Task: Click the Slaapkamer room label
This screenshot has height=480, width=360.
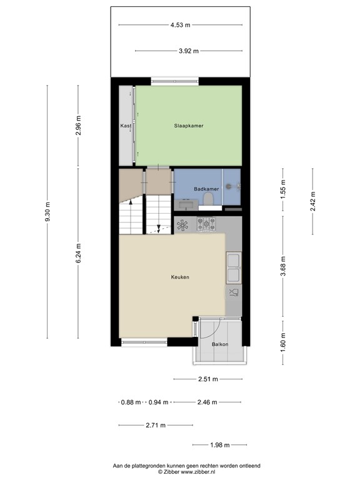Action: pyautogui.click(x=189, y=126)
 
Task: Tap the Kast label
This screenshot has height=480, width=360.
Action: pyautogui.click(x=126, y=126)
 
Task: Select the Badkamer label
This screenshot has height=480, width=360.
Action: pyautogui.click(x=206, y=189)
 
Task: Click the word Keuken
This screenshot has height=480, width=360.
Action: pyautogui.click(x=180, y=277)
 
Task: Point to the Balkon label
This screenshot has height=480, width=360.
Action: pyautogui.click(x=220, y=344)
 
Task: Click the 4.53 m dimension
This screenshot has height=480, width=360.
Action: pyautogui.click(x=180, y=25)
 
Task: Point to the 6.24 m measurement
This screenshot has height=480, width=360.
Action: pyautogui.click(x=78, y=253)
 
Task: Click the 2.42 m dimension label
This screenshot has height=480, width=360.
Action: pyautogui.click(x=313, y=201)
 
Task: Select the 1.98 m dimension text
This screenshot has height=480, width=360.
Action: pyautogui.click(x=219, y=445)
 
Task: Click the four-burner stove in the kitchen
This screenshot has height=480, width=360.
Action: pyautogui.click(x=206, y=223)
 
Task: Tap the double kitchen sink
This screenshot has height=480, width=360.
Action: pyautogui.click(x=234, y=267)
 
